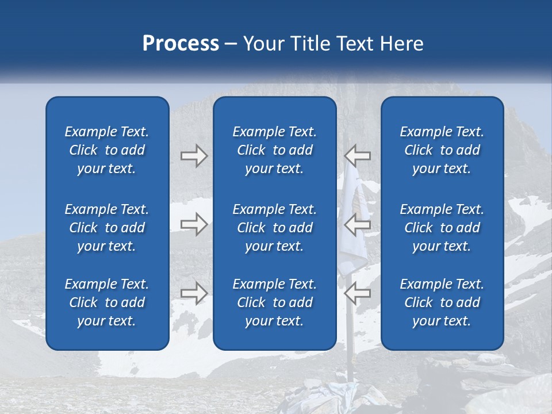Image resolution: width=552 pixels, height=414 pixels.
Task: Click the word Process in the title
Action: coord(181,44)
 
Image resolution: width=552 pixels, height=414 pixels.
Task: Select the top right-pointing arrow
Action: coord(194,155)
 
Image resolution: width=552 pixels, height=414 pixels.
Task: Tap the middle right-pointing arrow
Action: coord(194,224)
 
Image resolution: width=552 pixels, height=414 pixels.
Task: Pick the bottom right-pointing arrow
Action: coord(194,293)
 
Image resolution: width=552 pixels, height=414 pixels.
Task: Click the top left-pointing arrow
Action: coord(358,155)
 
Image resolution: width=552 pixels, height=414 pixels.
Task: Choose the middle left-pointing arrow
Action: coord(358,224)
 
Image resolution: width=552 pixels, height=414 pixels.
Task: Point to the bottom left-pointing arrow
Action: coord(358,293)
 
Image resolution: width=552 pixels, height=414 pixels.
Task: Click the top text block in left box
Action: coord(107,150)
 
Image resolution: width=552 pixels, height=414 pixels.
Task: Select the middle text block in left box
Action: coord(107,228)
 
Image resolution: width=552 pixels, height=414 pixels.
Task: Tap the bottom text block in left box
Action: coord(107,302)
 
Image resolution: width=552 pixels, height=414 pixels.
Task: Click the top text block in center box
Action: coord(274,150)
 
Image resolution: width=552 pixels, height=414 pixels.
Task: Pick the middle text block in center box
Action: coord(274,228)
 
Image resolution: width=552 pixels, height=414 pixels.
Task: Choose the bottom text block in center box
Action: coord(274,302)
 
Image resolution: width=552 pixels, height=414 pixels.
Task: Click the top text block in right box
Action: coord(442,150)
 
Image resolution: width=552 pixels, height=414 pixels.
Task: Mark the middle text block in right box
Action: coord(442,228)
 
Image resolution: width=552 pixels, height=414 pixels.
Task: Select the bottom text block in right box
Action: coord(442,302)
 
